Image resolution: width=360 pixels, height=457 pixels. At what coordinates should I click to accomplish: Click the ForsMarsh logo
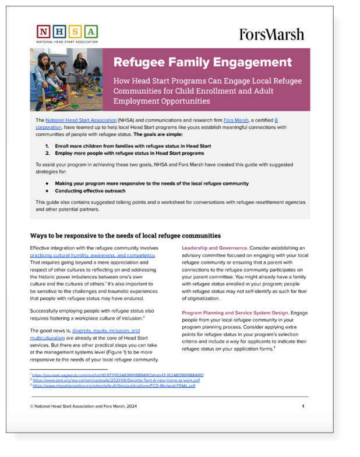click(x=271, y=34)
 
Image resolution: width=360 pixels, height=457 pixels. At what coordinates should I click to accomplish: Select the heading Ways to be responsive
click(x=125, y=236)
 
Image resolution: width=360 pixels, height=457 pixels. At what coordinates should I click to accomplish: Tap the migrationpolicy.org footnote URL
click(x=114, y=385)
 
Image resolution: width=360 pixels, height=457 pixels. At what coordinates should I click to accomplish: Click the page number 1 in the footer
click(x=303, y=406)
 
